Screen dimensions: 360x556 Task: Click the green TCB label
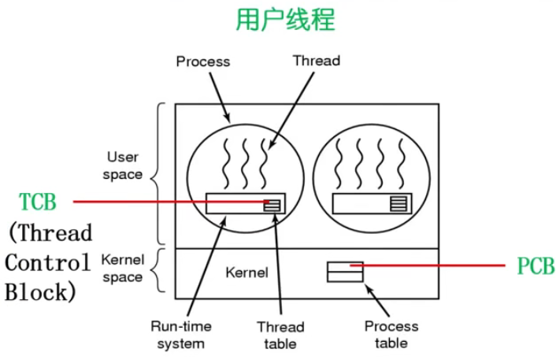[38, 202]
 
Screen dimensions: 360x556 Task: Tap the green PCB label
[536, 266]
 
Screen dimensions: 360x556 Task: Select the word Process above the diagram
[202, 61]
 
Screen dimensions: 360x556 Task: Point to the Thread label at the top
[316, 60]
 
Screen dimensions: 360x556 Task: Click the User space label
[123, 165]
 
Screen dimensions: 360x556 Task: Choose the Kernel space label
[122, 268]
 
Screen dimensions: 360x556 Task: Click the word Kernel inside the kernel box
[246, 273]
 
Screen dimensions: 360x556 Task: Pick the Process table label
[391, 334]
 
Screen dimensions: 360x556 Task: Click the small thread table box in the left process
[271, 205]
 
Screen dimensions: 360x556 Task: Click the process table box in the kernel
[345, 271]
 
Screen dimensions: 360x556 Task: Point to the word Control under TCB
[48, 262]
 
